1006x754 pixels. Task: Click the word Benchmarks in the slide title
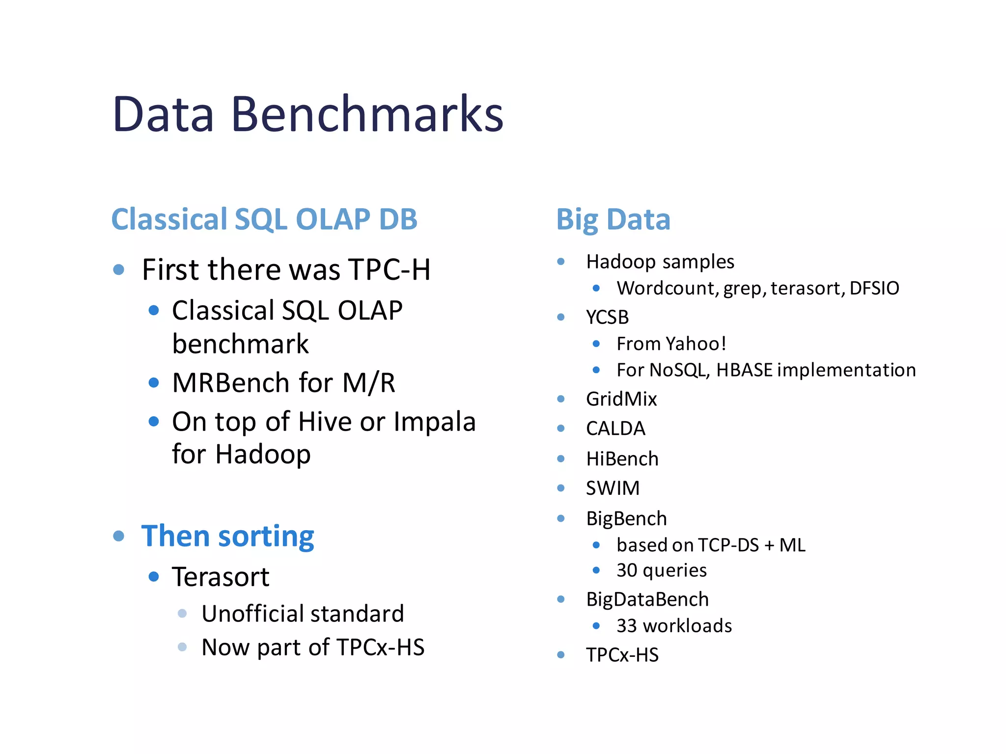pos(367,114)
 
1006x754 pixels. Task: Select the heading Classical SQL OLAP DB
pos(264,219)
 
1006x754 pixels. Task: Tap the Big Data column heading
pos(613,219)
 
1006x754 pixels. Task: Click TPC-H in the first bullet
pos(389,270)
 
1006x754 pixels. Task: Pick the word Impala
pos(434,422)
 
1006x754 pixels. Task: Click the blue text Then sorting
pos(227,536)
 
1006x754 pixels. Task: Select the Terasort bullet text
pos(221,577)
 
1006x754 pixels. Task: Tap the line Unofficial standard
pos(303,614)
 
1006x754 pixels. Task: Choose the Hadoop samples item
pos(660,262)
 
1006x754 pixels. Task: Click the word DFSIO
pos(874,288)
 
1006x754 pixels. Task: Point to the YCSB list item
pos(607,317)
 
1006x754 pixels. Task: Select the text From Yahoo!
pos(671,344)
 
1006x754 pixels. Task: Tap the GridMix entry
pos(621,399)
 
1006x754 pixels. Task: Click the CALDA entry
pos(615,429)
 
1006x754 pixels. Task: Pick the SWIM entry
pos(613,488)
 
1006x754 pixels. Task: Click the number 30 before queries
pos(627,570)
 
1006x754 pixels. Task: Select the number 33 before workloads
pos(627,626)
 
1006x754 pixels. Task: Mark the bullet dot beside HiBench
pos(561,459)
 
